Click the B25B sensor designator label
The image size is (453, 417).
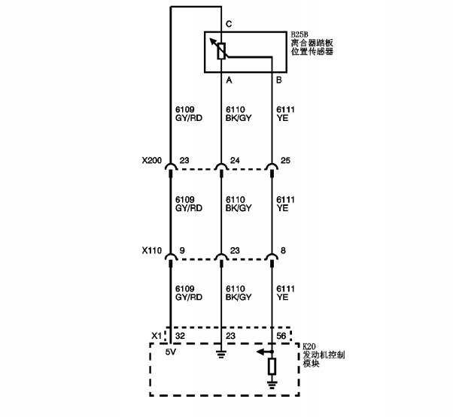[299, 35]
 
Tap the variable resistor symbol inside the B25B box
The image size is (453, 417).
[221, 51]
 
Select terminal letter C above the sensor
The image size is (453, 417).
[229, 24]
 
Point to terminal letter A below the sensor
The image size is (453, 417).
[229, 80]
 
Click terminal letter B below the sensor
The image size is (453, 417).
[278, 80]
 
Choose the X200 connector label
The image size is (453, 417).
[152, 160]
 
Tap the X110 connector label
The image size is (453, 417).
[152, 250]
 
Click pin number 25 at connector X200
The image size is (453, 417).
[285, 160]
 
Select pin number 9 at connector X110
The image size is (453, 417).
[182, 250]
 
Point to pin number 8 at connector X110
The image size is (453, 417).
[283, 250]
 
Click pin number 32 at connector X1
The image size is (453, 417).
[180, 336]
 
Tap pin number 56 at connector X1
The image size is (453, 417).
[281, 336]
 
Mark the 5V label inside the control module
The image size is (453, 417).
[171, 352]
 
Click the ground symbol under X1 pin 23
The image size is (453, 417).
[221, 354]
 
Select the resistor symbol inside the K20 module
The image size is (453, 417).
[272, 367]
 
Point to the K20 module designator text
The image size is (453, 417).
[309, 346]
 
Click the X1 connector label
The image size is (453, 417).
[157, 336]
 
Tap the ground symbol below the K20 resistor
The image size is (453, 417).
[272, 385]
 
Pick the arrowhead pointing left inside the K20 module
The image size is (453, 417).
[260, 352]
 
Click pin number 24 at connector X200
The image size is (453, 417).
[235, 160]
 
